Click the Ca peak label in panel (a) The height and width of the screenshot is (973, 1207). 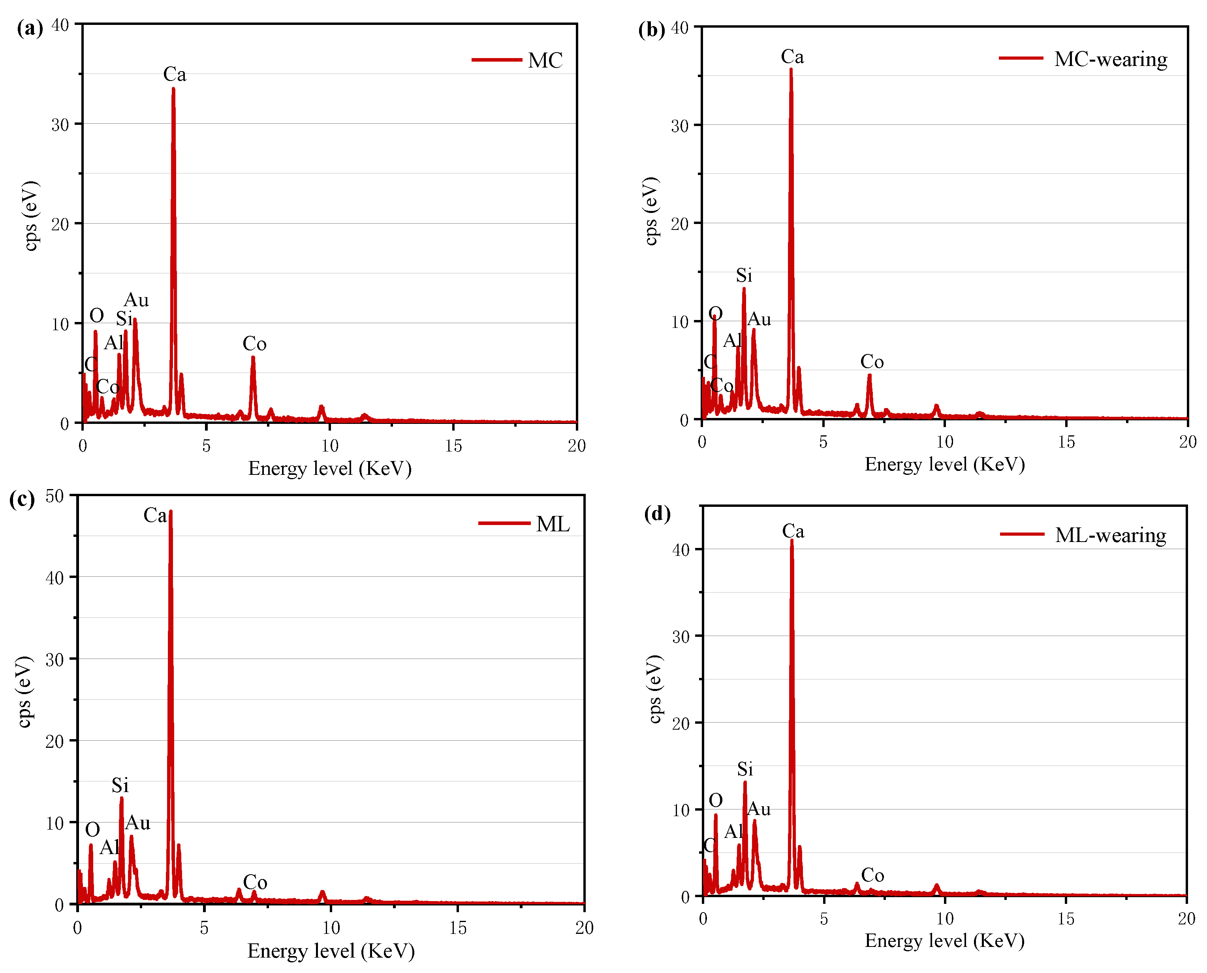(x=174, y=74)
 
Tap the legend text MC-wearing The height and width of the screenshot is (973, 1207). (x=1110, y=59)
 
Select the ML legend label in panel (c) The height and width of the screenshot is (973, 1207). (x=553, y=524)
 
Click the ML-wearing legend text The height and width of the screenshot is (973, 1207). (x=1110, y=535)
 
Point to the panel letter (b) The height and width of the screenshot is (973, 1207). (x=651, y=29)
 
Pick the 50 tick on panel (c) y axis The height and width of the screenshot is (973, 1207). (x=55, y=497)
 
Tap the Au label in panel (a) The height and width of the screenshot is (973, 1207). (x=136, y=300)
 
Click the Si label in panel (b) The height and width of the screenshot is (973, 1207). (x=744, y=275)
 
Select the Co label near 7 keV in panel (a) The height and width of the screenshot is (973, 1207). (x=254, y=344)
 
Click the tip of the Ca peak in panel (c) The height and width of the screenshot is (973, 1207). (x=170, y=512)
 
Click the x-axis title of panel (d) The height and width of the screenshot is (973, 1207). (x=944, y=940)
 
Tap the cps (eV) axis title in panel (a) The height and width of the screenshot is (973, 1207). (x=31, y=216)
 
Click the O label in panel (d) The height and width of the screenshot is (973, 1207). (x=716, y=800)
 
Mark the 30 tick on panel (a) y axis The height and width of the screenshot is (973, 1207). (x=60, y=124)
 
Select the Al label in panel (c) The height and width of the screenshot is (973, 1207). (x=110, y=847)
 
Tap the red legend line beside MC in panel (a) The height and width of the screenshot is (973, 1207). (x=496, y=59)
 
